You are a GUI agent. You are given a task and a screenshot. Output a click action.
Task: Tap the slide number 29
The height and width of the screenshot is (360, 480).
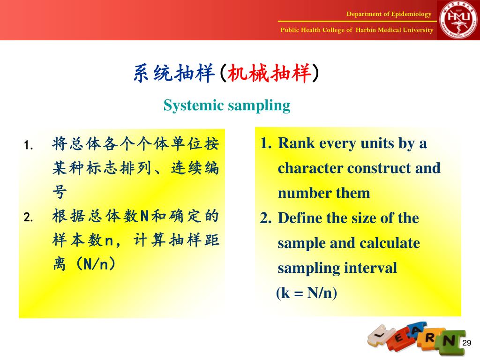tap(466, 343)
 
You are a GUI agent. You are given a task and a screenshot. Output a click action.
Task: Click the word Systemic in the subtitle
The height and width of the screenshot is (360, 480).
tap(194, 105)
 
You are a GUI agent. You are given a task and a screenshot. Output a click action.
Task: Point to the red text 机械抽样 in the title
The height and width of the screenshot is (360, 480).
tap(270, 74)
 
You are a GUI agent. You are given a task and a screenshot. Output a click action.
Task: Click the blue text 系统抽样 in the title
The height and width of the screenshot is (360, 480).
tap(174, 74)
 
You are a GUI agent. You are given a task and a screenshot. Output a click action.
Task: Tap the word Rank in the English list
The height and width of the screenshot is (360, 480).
tap(296, 143)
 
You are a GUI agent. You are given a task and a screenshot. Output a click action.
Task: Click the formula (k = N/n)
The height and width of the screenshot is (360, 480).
tap(307, 293)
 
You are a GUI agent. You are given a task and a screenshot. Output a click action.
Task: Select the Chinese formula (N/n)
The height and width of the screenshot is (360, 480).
tap(96, 263)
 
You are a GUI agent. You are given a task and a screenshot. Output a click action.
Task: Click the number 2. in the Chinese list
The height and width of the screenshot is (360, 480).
tap(29, 217)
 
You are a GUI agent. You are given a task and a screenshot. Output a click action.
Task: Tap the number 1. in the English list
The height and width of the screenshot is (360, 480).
tap(266, 143)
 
